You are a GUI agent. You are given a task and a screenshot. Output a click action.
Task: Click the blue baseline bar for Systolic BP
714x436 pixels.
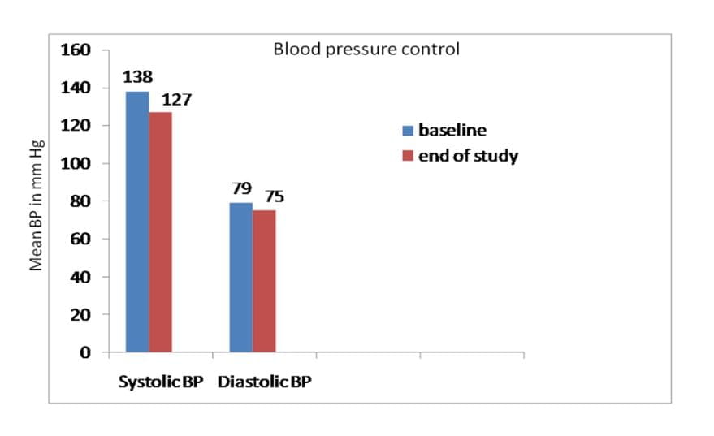[137, 222]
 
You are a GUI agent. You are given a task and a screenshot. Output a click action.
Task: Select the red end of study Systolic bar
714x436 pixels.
[160, 232]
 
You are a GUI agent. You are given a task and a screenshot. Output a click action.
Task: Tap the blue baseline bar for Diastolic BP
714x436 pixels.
[241, 277]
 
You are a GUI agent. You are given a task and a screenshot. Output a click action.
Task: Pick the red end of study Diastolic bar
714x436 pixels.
[264, 281]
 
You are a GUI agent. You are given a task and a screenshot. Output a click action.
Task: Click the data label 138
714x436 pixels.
[137, 77]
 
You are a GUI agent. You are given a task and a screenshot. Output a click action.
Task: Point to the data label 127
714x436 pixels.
[177, 99]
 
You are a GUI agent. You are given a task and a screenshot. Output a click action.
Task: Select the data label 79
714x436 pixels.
[241, 188]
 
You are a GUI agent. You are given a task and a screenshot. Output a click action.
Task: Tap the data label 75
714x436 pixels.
[275, 196]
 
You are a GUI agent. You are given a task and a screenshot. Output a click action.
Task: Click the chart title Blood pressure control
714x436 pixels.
[366, 50]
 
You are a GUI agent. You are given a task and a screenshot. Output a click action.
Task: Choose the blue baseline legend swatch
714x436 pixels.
[408, 131]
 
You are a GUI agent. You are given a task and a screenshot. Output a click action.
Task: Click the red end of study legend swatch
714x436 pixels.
[408, 156]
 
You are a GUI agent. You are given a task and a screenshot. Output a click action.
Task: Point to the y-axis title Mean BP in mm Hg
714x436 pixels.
[36, 205]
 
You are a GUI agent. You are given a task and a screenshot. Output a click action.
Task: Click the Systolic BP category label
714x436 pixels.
[161, 382]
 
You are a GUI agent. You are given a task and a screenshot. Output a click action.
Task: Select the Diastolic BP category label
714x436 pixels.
[265, 382]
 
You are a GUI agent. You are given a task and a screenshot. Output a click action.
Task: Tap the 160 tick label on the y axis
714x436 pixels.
[76, 50]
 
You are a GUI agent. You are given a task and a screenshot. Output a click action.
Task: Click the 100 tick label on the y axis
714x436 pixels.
[76, 163]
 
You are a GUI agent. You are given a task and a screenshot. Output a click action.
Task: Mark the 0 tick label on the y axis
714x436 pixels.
[85, 352]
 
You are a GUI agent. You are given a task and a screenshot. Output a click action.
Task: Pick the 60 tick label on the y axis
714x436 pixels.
[80, 239]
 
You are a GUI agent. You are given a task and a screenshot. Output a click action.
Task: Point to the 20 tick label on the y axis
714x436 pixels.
[80, 314]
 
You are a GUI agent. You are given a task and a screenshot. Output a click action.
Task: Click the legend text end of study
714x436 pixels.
[468, 156]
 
